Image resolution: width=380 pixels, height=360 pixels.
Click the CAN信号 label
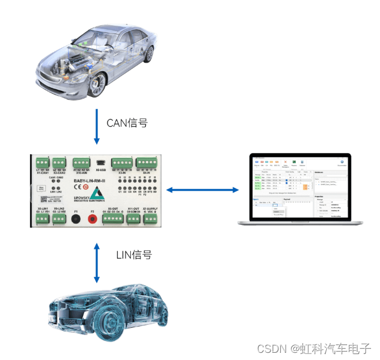(x=127, y=123)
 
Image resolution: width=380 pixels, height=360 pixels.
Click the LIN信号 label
(x=134, y=255)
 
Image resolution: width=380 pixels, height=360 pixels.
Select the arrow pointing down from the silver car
(x=96, y=126)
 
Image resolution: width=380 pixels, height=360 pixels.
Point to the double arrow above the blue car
(x=96, y=262)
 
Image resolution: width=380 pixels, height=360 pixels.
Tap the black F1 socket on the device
(x=76, y=219)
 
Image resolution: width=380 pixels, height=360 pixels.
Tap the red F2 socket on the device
(x=93, y=219)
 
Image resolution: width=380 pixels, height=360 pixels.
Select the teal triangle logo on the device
(x=95, y=195)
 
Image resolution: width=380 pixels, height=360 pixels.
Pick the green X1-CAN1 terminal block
(x=43, y=162)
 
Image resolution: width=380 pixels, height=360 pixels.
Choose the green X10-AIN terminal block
(x=81, y=162)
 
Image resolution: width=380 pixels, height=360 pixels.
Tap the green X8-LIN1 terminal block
(x=42, y=219)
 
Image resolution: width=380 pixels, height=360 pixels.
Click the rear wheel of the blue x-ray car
(x=158, y=320)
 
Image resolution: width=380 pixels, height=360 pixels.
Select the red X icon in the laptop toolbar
(x=286, y=162)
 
